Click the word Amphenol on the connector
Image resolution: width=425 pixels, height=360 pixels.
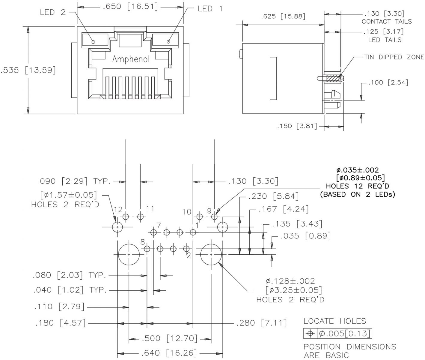[131, 59]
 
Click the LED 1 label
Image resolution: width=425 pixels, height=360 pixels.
[210, 9]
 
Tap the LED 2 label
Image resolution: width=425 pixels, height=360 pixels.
[52, 12]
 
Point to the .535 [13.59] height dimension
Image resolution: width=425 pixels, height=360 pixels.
[28, 70]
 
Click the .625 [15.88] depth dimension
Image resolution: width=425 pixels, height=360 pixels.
[283, 17]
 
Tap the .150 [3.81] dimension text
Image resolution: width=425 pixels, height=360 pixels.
[297, 126]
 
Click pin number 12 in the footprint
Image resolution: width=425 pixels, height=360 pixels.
[118, 209]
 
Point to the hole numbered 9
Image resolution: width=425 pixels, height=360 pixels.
[214, 216]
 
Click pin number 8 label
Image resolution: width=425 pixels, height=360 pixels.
[143, 242]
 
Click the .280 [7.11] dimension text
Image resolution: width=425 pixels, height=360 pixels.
[261, 323]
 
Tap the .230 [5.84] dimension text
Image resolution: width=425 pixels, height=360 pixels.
[273, 197]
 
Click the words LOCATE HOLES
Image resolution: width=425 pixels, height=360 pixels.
[335, 321]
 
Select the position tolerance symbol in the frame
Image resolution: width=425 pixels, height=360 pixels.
[311, 333]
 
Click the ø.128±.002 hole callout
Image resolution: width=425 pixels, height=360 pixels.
[290, 281]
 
